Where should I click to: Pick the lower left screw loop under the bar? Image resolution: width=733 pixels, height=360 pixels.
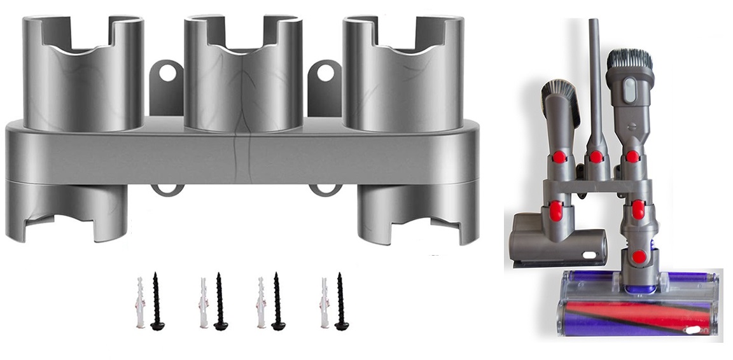coord(167,189)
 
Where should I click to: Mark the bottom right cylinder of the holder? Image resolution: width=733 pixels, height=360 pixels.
coord(417,213)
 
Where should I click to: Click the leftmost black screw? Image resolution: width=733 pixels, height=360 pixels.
coord(157,301)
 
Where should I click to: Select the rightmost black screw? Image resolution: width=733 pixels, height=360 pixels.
coord(341,301)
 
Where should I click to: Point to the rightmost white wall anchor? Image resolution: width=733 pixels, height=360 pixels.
coord(325,302)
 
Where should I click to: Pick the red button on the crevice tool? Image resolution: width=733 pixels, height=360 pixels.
coord(596,156)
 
